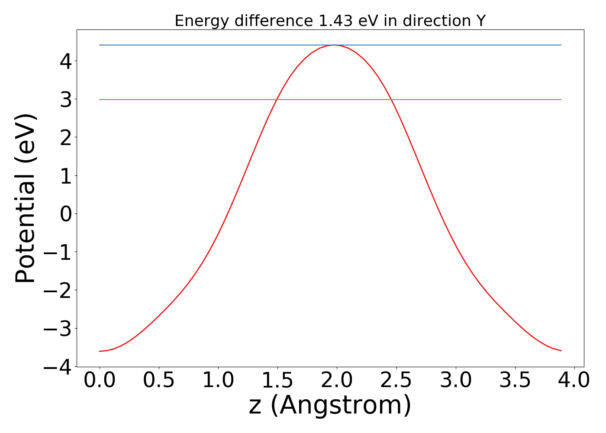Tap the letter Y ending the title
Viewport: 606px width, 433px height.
(x=480, y=21)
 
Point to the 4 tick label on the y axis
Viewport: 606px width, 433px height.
(x=65, y=61)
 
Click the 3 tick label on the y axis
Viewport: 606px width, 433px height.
(x=65, y=100)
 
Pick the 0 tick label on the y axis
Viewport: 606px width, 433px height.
(x=65, y=214)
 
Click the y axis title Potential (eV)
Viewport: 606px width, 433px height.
(x=26, y=198)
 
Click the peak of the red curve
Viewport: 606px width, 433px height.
(x=334, y=45)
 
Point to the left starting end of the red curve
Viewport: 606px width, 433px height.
(x=100, y=351)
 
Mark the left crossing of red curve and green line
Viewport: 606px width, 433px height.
(x=276, y=100)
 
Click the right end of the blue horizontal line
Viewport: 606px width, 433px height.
(x=561, y=45)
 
